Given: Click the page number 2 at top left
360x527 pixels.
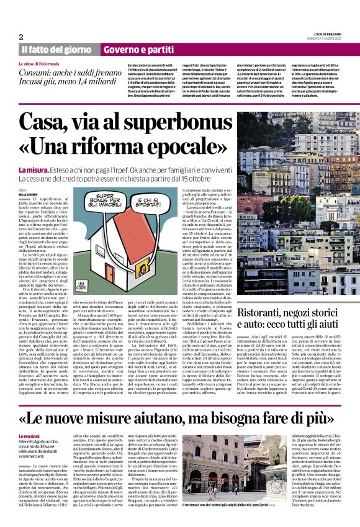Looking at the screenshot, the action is [x=21, y=37].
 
